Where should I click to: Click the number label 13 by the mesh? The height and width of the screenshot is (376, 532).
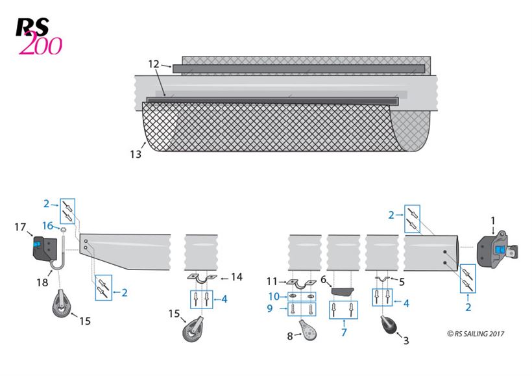(x=136, y=155)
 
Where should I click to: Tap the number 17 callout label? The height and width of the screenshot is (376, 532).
(x=20, y=227)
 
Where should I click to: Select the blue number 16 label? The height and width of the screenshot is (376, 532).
(x=48, y=225)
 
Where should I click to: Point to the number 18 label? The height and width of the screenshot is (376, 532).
(x=42, y=282)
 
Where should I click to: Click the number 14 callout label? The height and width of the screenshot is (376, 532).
(x=237, y=277)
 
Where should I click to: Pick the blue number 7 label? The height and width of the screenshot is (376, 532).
(x=344, y=332)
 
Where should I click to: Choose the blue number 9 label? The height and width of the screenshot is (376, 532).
(x=270, y=308)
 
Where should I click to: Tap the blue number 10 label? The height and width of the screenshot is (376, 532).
(x=274, y=297)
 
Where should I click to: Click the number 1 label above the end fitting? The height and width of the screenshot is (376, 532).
(x=493, y=221)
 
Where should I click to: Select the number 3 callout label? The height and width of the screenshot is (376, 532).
(x=406, y=340)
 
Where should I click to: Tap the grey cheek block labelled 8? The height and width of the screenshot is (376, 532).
(x=308, y=330)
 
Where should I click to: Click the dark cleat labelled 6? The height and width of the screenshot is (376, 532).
(x=342, y=292)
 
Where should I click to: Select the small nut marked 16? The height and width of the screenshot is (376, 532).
(x=63, y=230)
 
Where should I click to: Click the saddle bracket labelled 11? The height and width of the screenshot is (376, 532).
(x=301, y=283)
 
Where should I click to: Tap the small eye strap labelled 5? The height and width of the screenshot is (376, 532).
(x=383, y=279)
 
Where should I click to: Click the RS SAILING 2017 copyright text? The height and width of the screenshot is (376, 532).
(x=476, y=334)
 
